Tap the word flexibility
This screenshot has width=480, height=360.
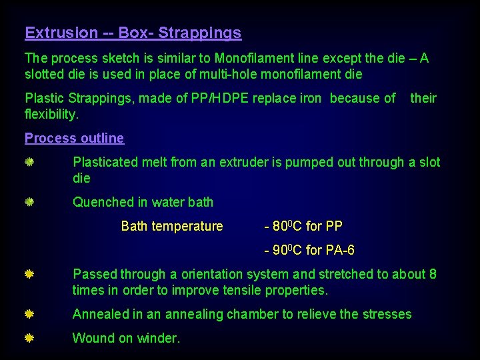click(51, 114)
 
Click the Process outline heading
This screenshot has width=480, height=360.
click(74, 138)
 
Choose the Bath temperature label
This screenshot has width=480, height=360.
click(172, 226)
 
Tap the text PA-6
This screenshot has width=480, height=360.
click(339, 250)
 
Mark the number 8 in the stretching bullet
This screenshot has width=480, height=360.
click(433, 274)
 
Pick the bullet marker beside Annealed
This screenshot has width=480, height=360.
click(30, 314)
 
